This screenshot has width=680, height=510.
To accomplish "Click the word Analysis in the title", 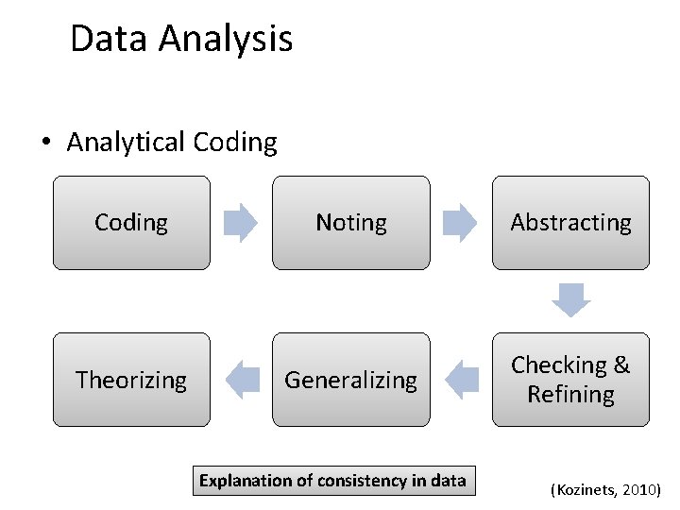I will point(226,39).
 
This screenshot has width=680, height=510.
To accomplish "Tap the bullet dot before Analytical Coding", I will point(44,144).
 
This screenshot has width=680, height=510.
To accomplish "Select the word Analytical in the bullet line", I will point(126,143).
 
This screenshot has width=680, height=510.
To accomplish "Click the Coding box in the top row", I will point(131,223).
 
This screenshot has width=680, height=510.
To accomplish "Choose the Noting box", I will point(351,223).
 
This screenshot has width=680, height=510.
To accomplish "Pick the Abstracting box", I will point(570,223).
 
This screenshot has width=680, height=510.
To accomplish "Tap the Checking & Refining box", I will point(570,380).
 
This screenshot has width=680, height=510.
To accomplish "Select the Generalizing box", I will point(351,380).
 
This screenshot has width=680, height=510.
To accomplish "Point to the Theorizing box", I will point(131,380).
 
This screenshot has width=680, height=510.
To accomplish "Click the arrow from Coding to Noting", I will point(240,223).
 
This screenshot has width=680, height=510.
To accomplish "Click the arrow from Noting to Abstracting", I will point(461,223).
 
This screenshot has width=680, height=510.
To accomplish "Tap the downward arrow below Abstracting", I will point(571,299).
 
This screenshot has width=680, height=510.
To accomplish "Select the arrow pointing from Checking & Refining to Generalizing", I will point(461,380).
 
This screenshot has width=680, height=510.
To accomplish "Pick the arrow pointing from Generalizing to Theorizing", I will point(243,380).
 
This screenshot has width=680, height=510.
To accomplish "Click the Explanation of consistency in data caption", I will point(332,481).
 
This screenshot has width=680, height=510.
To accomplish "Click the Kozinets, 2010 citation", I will point(605,490).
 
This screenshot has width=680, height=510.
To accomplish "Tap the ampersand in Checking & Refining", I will point(620,365).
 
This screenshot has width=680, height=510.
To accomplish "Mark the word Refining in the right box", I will point(570,395).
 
